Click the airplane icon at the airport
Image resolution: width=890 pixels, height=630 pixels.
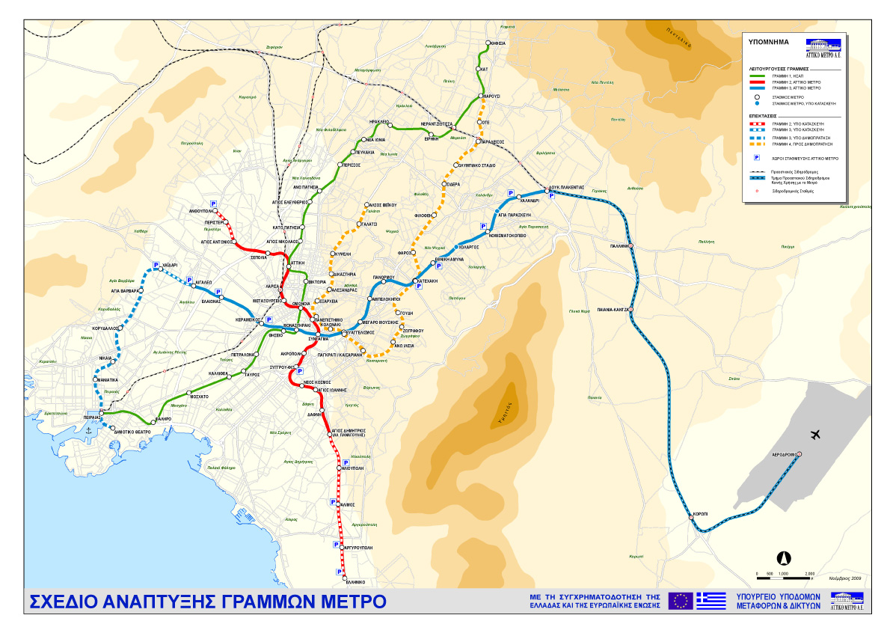tap(814, 435)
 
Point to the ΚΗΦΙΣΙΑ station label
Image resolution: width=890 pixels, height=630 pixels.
tap(497, 43)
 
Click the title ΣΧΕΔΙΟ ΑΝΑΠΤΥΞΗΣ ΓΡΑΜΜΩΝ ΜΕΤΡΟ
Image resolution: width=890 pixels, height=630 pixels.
tap(207, 602)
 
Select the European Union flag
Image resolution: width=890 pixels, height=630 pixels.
tap(681, 601)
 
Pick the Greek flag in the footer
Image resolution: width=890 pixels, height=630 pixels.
tap(711, 601)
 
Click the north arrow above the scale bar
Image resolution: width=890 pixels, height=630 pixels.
tap(785, 557)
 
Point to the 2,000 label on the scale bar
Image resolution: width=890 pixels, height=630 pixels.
tap(809, 574)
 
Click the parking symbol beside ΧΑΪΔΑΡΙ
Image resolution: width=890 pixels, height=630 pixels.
tap(156, 265)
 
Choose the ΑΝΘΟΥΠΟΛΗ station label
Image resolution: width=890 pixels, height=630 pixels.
tap(202, 211)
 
